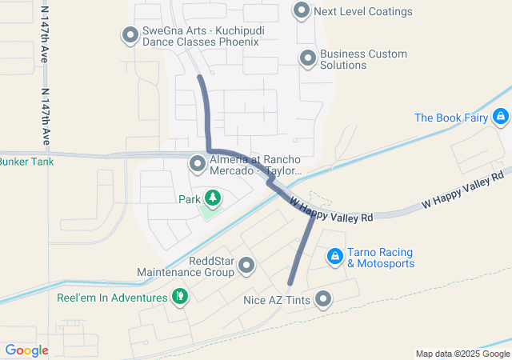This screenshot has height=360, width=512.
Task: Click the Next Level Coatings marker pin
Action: (x=302, y=11)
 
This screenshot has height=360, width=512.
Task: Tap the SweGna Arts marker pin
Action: (x=130, y=34)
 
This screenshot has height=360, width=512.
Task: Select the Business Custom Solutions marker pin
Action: (x=308, y=58)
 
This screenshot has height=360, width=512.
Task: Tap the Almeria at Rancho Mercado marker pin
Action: (x=198, y=164)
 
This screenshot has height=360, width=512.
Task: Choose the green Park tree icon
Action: (x=212, y=197)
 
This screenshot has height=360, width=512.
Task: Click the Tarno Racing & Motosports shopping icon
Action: (x=336, y=257)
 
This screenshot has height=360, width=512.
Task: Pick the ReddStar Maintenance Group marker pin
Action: (x=246, y=265)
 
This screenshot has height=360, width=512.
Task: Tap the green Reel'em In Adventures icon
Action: (x=180, y=297)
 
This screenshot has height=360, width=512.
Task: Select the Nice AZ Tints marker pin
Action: (x=323, y=300)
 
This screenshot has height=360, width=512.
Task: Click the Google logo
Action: (x=26, y=350)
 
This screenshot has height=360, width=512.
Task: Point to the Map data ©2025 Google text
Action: (x=462, y=354)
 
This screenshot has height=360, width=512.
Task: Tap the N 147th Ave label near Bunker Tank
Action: (x=45, y=113)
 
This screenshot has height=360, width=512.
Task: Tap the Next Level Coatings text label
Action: (x=363, y=11)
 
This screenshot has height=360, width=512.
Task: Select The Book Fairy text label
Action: (x=451, y=118)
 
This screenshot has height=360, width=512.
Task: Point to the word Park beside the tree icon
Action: (x=189, y=199)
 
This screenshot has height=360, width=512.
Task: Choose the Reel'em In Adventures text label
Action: (x=111, y=298)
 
